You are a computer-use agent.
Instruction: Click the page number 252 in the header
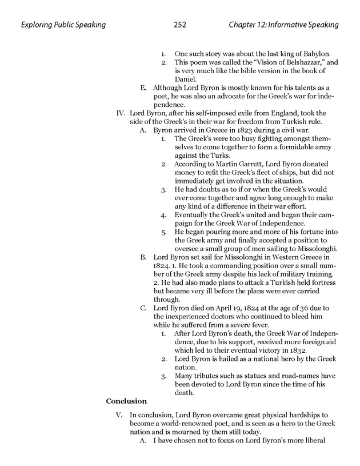coord(179,25)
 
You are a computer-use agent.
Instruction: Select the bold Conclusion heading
coord(126,401)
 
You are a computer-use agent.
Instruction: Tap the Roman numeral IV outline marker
coord(121,113)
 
